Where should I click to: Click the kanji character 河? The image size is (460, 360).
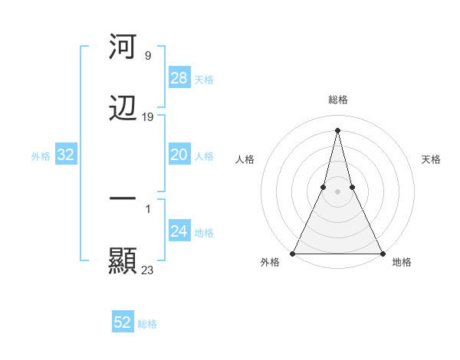coord(123,47)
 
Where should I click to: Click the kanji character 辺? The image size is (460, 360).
coord(123,109)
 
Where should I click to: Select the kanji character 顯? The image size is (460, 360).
coord(123,260)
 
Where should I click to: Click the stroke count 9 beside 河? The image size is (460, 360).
coord(147,56)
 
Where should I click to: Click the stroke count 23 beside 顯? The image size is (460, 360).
coord(147,270)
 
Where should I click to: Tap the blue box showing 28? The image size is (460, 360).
coord(179,78)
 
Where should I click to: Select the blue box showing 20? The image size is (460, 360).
coord(179,155)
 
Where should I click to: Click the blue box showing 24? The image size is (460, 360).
coord(179,231)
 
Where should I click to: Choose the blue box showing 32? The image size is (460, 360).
coord(66,155)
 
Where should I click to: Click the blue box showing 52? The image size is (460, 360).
coord(123,322)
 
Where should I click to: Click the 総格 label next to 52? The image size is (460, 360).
coord(147,324)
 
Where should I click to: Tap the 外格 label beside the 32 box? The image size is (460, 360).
coord(41,156)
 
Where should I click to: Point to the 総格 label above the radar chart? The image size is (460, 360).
coord(337,100)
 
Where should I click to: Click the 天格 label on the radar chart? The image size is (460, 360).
coord(431,159)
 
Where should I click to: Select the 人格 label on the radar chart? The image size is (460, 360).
coord(245,159)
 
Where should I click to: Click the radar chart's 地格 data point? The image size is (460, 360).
coord(382,253)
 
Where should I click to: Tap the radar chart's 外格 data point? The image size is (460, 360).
coord(293,253)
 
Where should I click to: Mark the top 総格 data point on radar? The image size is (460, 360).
coord(337,129)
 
